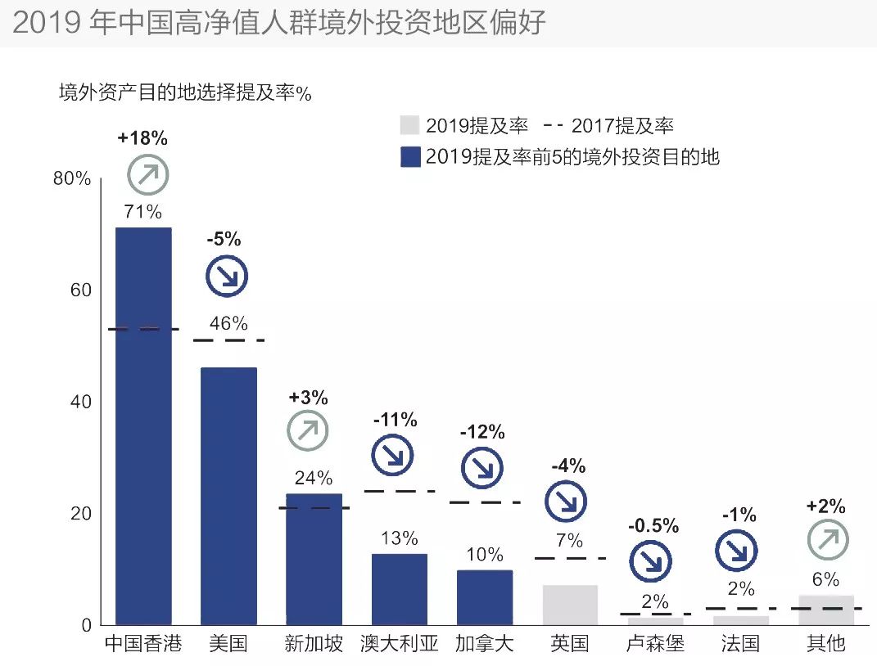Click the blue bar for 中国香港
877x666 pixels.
click(143, 425)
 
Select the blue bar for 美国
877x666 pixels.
click(228, 496)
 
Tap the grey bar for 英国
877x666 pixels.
click(570, 605)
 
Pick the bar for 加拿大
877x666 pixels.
click(484, 597)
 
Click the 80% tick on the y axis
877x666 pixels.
click(71, 179)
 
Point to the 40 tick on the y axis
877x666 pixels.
click(78, 402)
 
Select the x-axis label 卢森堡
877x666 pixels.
click(655, 644)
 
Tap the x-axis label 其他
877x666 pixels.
click(825, 644)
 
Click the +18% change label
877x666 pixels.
click(142, 138)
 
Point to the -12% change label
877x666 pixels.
click(482, 432)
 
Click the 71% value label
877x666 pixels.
click(143, 212)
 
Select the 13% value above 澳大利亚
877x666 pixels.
click(399, 538)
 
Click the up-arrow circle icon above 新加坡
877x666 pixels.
click(308, 431)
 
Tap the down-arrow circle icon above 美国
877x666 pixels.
click(226, 277)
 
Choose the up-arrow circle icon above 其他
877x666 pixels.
click(828, 540)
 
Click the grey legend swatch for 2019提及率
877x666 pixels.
click(409, 125)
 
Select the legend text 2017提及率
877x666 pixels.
click(622, 125)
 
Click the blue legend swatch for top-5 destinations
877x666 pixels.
click(409, 156)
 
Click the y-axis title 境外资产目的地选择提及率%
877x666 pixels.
click(185, 92)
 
